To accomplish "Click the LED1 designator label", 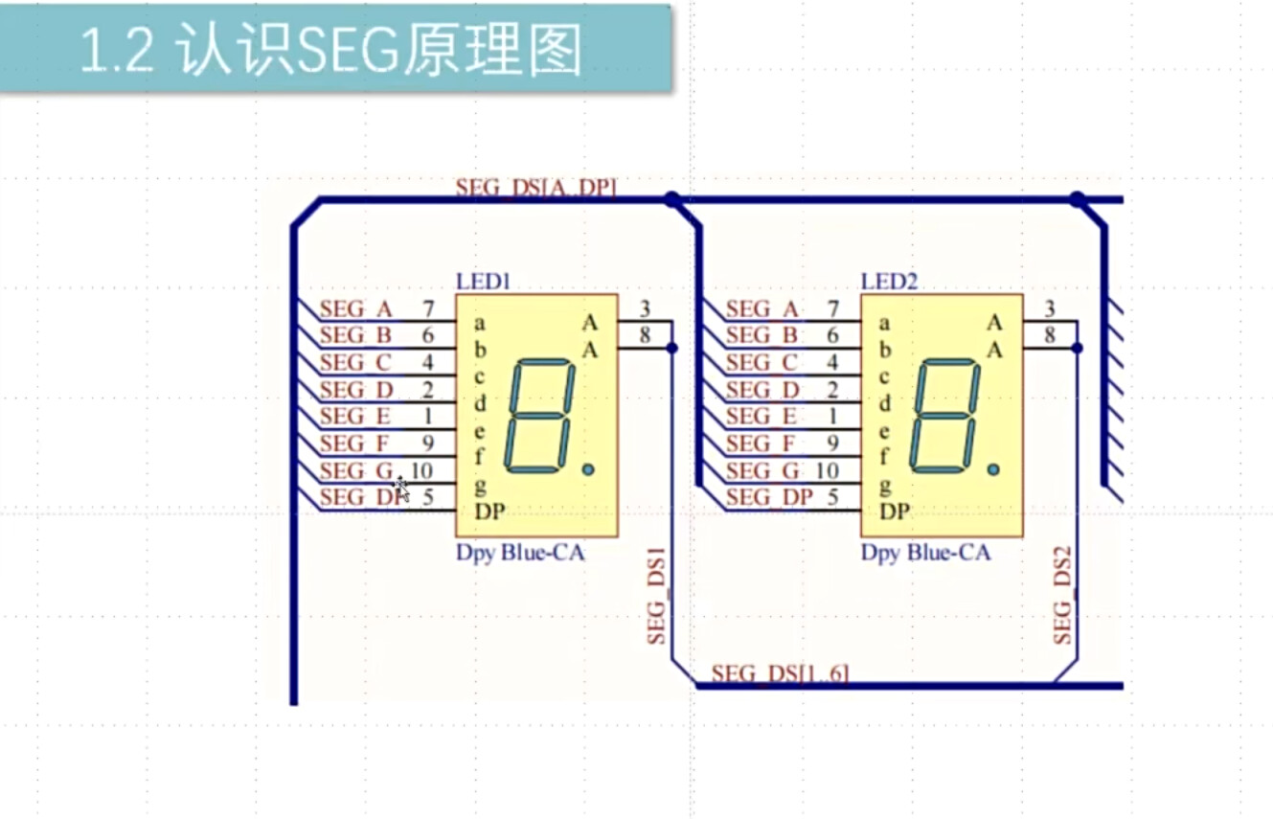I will [x=484, y=281].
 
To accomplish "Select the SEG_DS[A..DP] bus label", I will [x=535, y=188].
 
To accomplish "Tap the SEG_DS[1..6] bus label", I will [x=779, y=673].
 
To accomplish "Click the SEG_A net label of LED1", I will [x=355, y=308].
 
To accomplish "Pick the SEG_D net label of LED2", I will [x=762, y=390].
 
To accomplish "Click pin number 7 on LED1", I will [x=427, y=308].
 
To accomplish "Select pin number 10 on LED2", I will [x=827, y=470].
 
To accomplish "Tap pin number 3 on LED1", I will [x=646, y=308].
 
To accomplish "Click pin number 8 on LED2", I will [x=1050, y=335].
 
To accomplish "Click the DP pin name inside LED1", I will [x=489, y=512].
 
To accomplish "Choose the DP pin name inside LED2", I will [x=895, y=512].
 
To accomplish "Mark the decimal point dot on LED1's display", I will [x=587, y=469].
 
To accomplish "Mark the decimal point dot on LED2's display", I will [x=992, y=469].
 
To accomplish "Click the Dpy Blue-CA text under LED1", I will [x=520, y=553].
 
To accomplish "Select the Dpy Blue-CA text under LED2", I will [x=924, y=553].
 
